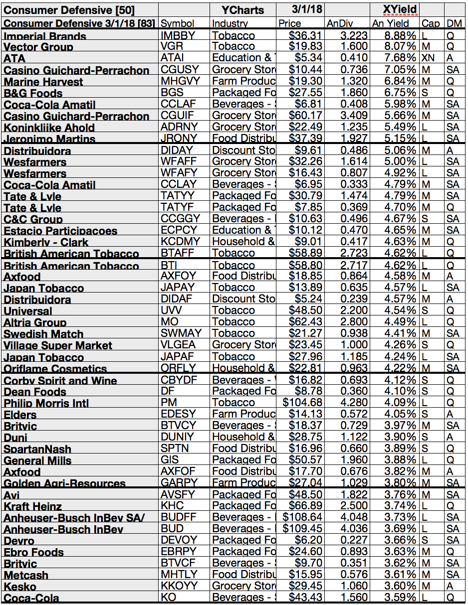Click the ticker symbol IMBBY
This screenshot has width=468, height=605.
pyautogui.click(x=179, y=35)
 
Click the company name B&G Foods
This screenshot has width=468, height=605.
pyautogui.click(x=33, y=93)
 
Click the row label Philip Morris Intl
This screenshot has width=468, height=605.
pyautogui.click(x=46, y=403)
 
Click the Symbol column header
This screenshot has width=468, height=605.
pyautogui.click(x=178, y=23)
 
